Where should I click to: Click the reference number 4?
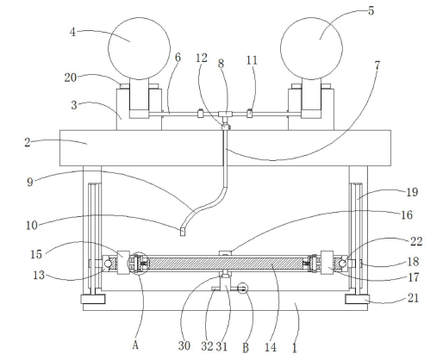72,32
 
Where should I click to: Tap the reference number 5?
371,11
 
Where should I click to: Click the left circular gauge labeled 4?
139,48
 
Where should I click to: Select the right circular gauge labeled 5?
311,48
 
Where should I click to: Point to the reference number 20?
71,78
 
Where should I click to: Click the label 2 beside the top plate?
28,142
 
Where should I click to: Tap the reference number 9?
30,182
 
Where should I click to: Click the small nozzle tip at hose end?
183,232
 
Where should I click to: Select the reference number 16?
406,214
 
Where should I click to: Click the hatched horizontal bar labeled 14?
225,264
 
